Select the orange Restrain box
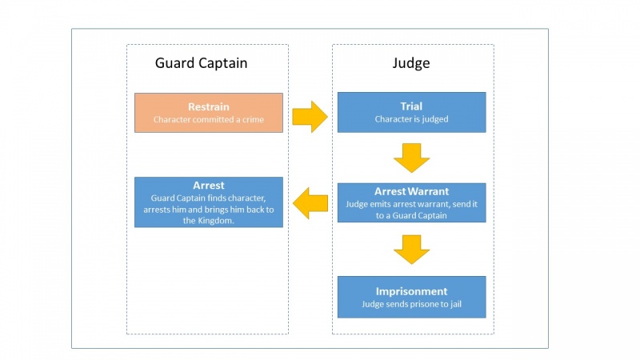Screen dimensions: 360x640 coord(208,113)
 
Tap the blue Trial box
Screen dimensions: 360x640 coord(411,112)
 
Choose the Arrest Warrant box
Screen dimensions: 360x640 coord(411,202)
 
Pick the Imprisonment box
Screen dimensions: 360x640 coord(411,297)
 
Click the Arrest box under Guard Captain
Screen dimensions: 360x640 coord(208,202)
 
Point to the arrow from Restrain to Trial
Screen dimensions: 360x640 coord(310,116)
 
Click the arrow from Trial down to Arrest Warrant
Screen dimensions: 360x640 coord(411,158)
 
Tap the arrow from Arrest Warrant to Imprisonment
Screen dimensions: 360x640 coord(411,249)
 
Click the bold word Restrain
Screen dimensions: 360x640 coord(208,106)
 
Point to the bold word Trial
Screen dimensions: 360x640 coord(411,106)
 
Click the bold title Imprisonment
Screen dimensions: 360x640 coord(411,291)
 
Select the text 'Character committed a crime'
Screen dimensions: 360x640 coord(208,120)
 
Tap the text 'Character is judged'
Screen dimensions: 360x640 coord(411,119)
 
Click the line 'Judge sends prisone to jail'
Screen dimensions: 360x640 coord(411,304)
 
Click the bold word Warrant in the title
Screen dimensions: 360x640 coord(429,191)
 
